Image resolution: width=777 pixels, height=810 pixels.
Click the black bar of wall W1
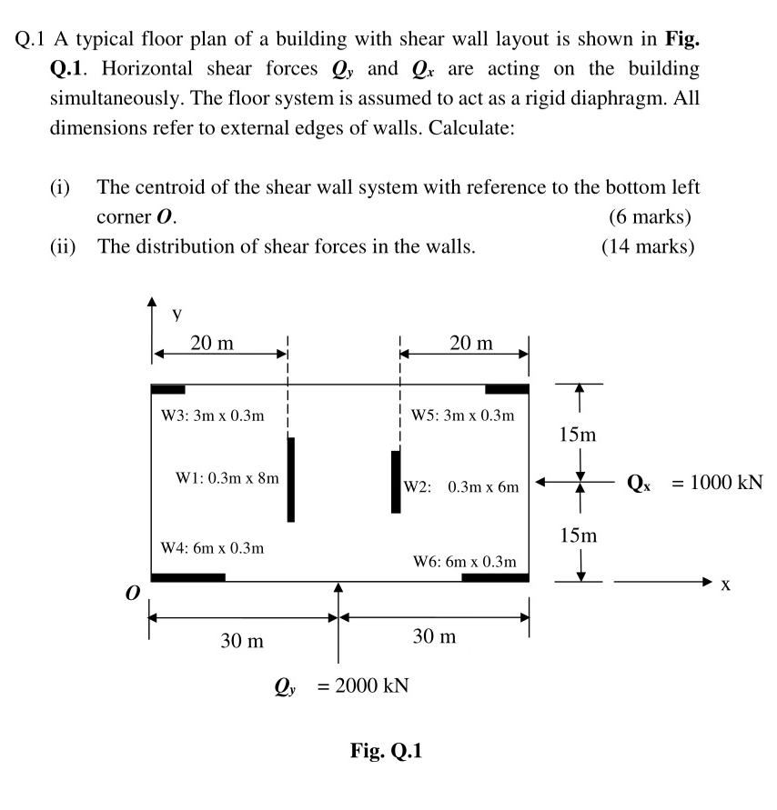pyautogui.click(x=290, y=479)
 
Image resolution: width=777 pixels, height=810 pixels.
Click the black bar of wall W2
pyautogui.click(x=395, y=481)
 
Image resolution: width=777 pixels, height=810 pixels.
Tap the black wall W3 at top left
pyautogui.click(x=167, y=389)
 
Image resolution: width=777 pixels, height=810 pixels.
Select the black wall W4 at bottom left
pyautogui.click(x=187, y=577)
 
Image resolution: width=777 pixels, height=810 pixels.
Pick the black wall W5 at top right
pyautogui.click(x=507, y=389)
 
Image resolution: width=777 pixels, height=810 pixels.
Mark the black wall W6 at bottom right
pyautogui.click(x=495, y=577)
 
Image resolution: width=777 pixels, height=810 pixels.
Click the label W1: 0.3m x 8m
pyautogui.click(x=227, y=475)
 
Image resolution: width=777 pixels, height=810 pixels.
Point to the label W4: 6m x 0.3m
pyautogui.click(x=212, y=547)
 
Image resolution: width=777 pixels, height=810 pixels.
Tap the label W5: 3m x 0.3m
pyautogui.click(x=462, y=415)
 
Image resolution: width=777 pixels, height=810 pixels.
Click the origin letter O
pyautogui.click(x=133, y=593)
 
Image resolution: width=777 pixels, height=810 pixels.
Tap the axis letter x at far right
pyautogui.click(x=724, y=586)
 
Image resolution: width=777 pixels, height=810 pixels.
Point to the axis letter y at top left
pyautogui.click(x=177, y=313)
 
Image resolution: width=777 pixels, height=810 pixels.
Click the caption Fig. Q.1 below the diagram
pyautogui.click(x=386, y=751)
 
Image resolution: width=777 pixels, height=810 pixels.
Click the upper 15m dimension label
pyautogui.click(x=578, y=435)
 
